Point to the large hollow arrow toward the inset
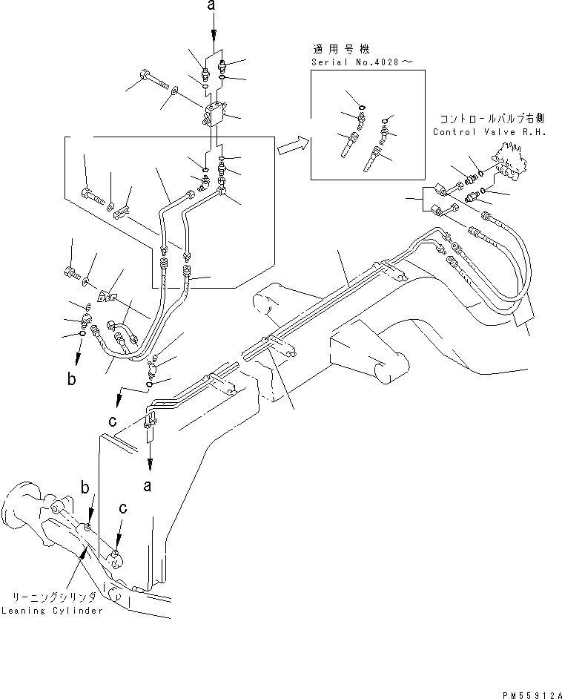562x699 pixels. click(x=293, y=146)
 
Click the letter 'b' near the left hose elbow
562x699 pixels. click(x=72, y=380)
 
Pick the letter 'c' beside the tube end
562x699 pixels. click(x=112, y=421)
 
